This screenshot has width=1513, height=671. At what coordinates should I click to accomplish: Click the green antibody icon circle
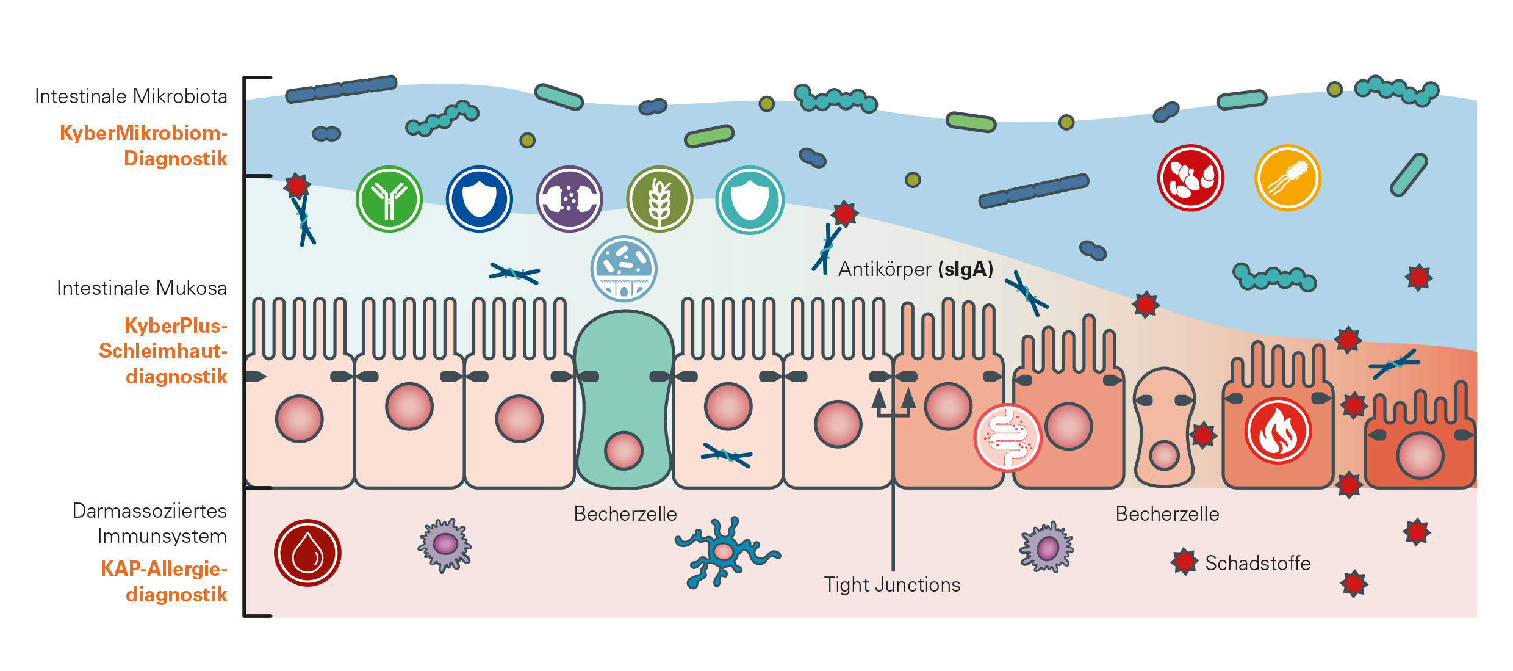coord(389,199)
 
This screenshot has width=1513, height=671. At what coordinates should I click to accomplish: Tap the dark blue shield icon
coord(479,199)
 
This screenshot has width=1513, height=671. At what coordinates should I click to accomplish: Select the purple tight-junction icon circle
coord(569,199)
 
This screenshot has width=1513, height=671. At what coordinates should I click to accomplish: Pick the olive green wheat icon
coord(659,199)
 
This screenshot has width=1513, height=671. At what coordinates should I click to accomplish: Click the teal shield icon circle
coord(749,200)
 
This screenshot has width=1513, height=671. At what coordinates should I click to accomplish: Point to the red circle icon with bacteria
coord(1190,178)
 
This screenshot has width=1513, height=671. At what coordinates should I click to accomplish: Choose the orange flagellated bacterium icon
coord(1287,178)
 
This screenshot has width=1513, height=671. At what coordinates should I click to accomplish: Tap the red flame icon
coord(1278,431)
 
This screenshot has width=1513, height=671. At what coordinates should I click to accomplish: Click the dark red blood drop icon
coord(307,553)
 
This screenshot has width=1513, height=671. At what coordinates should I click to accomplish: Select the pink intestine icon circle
coord(1007,437)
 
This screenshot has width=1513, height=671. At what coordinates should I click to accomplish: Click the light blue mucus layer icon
coord(624,269)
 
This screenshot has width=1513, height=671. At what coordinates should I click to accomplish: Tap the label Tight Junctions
coord(892,584)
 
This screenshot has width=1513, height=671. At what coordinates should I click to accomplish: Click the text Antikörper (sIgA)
coord(915,269)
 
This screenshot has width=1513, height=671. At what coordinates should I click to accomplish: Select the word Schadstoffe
coord(1257,563)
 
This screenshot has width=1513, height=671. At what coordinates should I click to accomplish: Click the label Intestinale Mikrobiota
coord(131,96)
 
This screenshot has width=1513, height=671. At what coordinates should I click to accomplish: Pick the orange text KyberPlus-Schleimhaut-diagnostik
coord(164,351)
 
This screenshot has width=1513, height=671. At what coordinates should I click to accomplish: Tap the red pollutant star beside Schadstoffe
coord(1184,562)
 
